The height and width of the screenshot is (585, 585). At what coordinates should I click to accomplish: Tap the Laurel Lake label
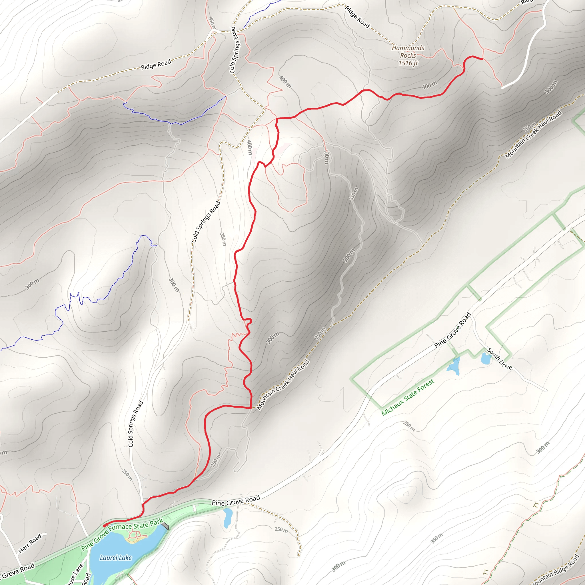[116, 558]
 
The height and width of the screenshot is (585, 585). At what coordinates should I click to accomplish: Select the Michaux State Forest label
[408, 397]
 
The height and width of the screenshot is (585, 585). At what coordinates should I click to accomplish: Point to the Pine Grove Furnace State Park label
[122, 534]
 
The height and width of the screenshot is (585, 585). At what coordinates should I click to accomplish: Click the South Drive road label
[499, 359]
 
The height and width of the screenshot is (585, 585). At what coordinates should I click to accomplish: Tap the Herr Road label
[30, 544]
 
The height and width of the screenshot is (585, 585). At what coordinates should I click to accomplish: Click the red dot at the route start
[105, 526]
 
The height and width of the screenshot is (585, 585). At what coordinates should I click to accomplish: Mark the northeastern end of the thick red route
[482, 59]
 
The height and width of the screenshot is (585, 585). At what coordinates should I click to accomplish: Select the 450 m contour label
[212, 23]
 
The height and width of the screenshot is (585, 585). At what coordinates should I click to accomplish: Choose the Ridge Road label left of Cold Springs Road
[156, 65]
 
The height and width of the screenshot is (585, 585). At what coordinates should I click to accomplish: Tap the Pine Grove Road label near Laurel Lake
[236, 500]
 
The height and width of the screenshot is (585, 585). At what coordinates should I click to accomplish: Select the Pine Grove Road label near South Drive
[452, 330]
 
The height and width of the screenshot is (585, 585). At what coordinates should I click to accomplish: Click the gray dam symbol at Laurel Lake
[165, 526]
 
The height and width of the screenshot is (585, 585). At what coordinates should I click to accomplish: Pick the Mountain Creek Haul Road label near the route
[283, 385]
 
